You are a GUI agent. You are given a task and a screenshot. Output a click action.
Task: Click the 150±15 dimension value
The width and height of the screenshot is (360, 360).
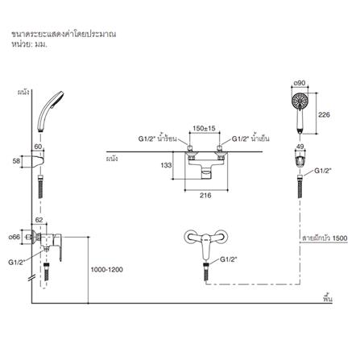click(x=204, y=128)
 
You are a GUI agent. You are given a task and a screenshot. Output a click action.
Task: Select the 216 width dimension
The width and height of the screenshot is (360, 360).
click(x=205, y=195)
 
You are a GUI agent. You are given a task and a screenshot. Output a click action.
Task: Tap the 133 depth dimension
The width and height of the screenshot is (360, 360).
click(x=166, y=165)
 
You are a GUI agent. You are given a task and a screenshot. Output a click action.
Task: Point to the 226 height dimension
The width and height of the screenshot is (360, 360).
click(x=324, y=114)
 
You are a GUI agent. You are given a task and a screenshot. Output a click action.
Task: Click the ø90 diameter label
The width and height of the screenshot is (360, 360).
click(x=300, y=83)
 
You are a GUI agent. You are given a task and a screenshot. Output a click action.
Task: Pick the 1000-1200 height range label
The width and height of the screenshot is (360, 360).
click(x=107, y=270)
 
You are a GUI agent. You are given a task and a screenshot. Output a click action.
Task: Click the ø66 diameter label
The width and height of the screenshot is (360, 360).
click(x=14, y=237)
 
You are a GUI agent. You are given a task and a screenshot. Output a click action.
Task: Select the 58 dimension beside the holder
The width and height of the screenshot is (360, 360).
click(x=16, y=161)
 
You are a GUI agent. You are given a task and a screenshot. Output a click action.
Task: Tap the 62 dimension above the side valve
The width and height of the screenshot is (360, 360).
click(x=39, y=220)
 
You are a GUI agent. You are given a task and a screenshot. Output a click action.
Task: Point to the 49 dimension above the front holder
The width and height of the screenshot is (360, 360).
click(x=300, y=147)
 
